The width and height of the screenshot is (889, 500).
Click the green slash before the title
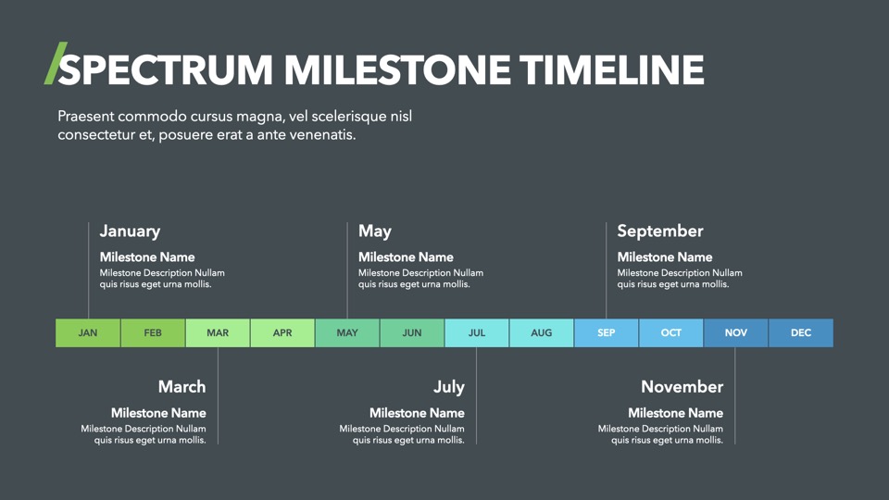(56, 63)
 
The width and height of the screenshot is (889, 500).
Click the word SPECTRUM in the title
(166, 70)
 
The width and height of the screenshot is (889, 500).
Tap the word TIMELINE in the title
(612, 70)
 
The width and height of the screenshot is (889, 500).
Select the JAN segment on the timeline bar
(88, 332)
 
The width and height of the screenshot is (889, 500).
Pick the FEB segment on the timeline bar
(153, 332)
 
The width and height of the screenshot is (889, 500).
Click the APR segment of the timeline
(282, 332)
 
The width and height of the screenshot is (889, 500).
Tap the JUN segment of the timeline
(412, 332)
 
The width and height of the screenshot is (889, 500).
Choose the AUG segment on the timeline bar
(542, 332)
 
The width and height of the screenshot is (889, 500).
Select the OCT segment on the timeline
(670, 332)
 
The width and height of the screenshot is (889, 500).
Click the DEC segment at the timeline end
(801, 332)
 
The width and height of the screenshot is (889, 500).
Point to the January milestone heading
(130, 231)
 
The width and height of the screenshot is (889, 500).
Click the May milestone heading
(375, 231)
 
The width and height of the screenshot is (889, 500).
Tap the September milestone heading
(660, 231)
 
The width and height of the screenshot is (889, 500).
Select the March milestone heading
(182, 387)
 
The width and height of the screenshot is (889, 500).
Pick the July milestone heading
(449, 387)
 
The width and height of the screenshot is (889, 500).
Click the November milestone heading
(682, 387)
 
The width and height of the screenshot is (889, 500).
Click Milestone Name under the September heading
(665, 256)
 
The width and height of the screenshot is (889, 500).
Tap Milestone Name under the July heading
(417, 413)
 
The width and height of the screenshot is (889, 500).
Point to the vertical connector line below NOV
(734, 395)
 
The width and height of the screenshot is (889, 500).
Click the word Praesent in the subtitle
(85, 117)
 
